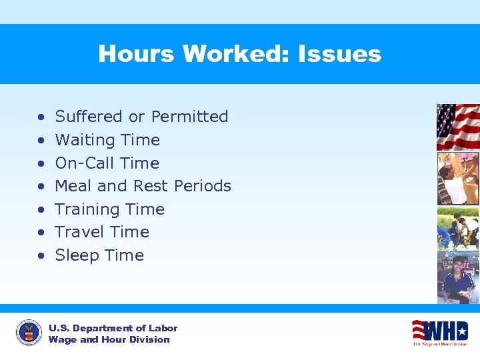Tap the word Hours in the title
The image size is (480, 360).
[136, 54]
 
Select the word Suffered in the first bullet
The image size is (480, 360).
[89, 117]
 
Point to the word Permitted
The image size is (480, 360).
[189, 117]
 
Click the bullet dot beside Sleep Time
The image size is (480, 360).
[41, 256]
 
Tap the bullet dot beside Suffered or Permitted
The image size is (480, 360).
[41, 117]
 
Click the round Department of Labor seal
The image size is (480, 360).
[28, 333]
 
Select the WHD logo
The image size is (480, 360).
[439, 331]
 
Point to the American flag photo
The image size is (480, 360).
[457, 127]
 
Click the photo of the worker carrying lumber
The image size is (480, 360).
[457, 178]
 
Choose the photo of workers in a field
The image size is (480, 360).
[457, 228]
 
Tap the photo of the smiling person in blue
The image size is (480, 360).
[457, 277]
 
